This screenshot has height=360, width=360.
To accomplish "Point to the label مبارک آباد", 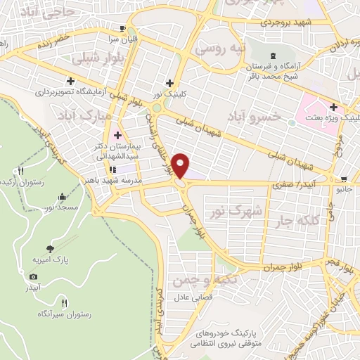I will [x=91, y=112].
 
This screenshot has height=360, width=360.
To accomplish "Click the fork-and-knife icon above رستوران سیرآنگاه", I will [x=65, y=303].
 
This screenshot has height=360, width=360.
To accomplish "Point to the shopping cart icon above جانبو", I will [x=343, y=178].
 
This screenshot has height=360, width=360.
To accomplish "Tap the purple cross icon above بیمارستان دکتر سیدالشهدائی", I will [x=117, y=135].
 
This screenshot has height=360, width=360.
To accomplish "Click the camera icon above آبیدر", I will [x=33, y=277].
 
